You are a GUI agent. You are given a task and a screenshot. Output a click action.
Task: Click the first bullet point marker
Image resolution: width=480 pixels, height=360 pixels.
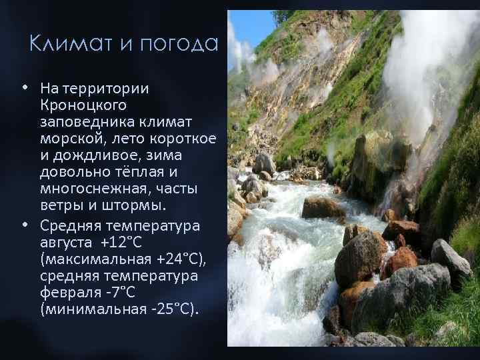tap(24, 87)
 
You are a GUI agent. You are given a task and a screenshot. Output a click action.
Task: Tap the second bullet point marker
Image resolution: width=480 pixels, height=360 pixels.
tap(24, 225)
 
